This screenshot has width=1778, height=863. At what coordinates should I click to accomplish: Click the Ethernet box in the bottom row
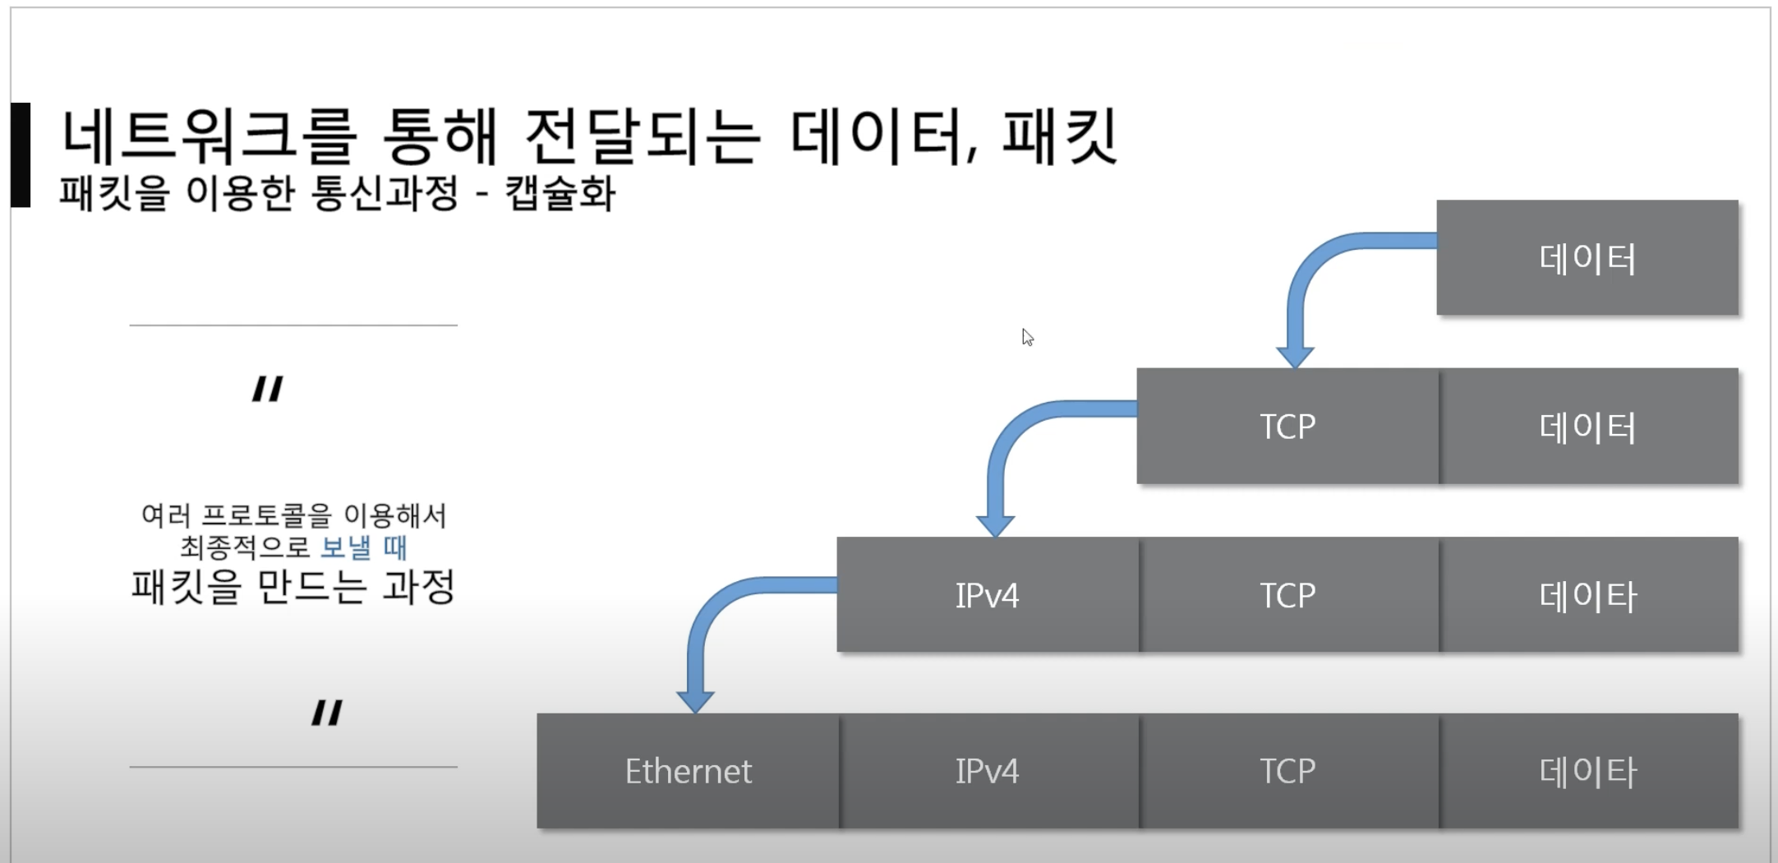[x=688, y=771]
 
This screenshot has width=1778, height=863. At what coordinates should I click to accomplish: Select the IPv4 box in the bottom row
[x=988, y=771]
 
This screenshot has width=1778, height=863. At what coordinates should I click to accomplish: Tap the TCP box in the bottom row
[x=1287, y=771]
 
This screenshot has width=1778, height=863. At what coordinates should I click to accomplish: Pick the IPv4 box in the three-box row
[x=988, y=595]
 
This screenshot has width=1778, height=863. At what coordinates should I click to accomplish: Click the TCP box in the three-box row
[x=1287, y=595]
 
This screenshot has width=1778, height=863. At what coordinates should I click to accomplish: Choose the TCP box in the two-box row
[x=1287, y=426]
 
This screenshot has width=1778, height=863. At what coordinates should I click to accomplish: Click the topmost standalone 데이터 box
[x=1587, y=258]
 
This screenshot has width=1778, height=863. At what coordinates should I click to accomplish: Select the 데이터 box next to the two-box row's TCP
[x=1587, y=426]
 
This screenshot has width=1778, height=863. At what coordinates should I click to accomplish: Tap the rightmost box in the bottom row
[x=1587, y=771]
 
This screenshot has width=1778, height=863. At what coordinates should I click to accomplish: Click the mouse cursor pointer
[x=1027, y=337]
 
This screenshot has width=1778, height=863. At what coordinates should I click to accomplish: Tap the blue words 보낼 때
[x=363, y=547]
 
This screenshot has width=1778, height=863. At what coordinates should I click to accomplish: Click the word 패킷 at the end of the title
[x=1060, y=136]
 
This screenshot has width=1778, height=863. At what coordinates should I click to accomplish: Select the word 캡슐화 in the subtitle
[x=560, y=194]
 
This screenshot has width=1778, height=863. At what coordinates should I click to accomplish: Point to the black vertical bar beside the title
[x=21, y=155]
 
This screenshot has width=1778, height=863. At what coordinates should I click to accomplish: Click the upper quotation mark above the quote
[x=268, y=388]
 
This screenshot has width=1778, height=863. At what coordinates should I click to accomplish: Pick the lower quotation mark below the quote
[x=327, y=712]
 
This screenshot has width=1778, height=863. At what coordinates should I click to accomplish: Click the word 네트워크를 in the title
[x=210, y=136]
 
